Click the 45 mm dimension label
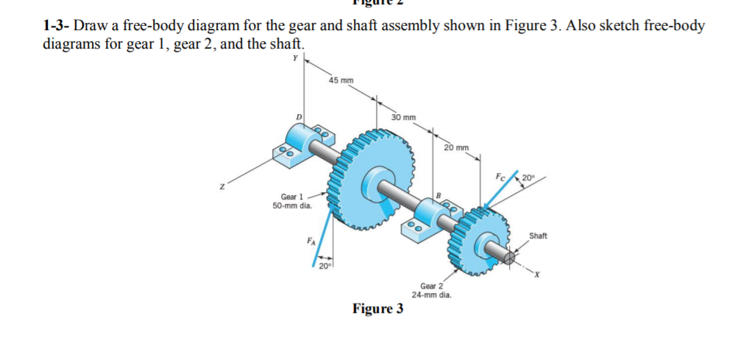click(341, 80)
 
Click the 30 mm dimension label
click(403, 117)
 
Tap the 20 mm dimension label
click(456, 148)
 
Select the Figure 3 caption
click(377, 308)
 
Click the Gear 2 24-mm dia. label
click(431, 290)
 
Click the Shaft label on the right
click(538, 236)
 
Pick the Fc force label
click(500, 177)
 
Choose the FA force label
click(310, 241)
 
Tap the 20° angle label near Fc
click(528, 177)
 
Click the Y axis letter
click(296, 58)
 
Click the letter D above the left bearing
click(299, 117)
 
